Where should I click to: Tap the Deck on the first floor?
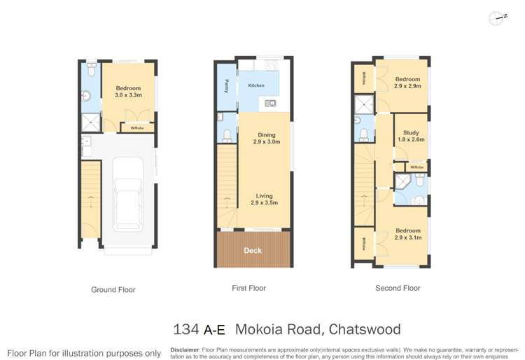pyautogui.click(x=253, y=250)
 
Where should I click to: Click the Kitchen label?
pyautogui.click(x=256, y=85)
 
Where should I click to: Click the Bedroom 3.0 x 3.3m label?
pyautogui.click(x=128, y=92)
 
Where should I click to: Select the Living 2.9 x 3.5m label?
pyautogui.click(x=265, y=200)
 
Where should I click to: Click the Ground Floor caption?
pyautogui.click(x=113, y=289)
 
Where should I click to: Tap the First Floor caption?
pyautogui.click(x=248, y=288)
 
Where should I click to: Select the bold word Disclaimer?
pyautogui.click(x=185, y=349)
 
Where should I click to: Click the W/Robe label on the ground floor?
pyautogui.click(x=137, y=128)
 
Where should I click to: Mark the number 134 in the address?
pyautogui.click(x=186, y=328)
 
